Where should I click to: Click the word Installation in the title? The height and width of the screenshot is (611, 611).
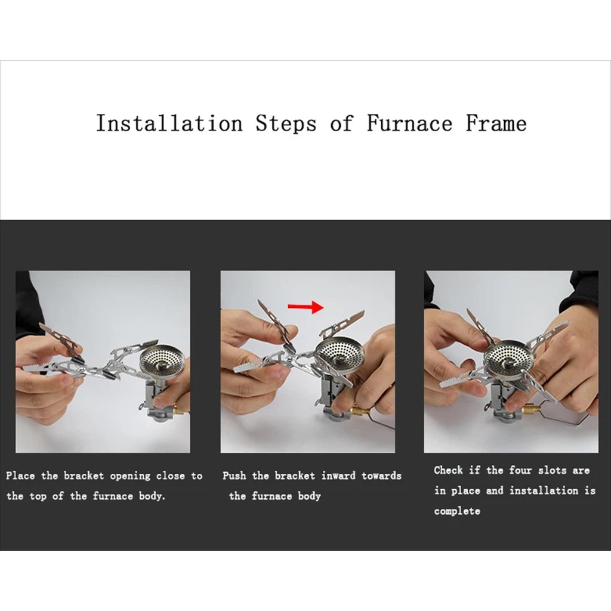[169, 123]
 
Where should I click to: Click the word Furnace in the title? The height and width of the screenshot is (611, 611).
[409, 123]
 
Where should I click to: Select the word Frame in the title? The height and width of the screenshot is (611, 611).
[496, 123]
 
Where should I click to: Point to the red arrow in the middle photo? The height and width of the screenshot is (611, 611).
[306, 307]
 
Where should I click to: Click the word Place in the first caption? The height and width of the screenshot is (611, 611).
[20, 476]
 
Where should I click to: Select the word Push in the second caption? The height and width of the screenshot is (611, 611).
[234, 476]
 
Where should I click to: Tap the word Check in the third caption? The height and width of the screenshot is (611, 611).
[448, 470]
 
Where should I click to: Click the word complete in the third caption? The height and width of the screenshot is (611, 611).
[457, 511]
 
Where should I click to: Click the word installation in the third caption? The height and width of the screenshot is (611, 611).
[544, 490]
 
